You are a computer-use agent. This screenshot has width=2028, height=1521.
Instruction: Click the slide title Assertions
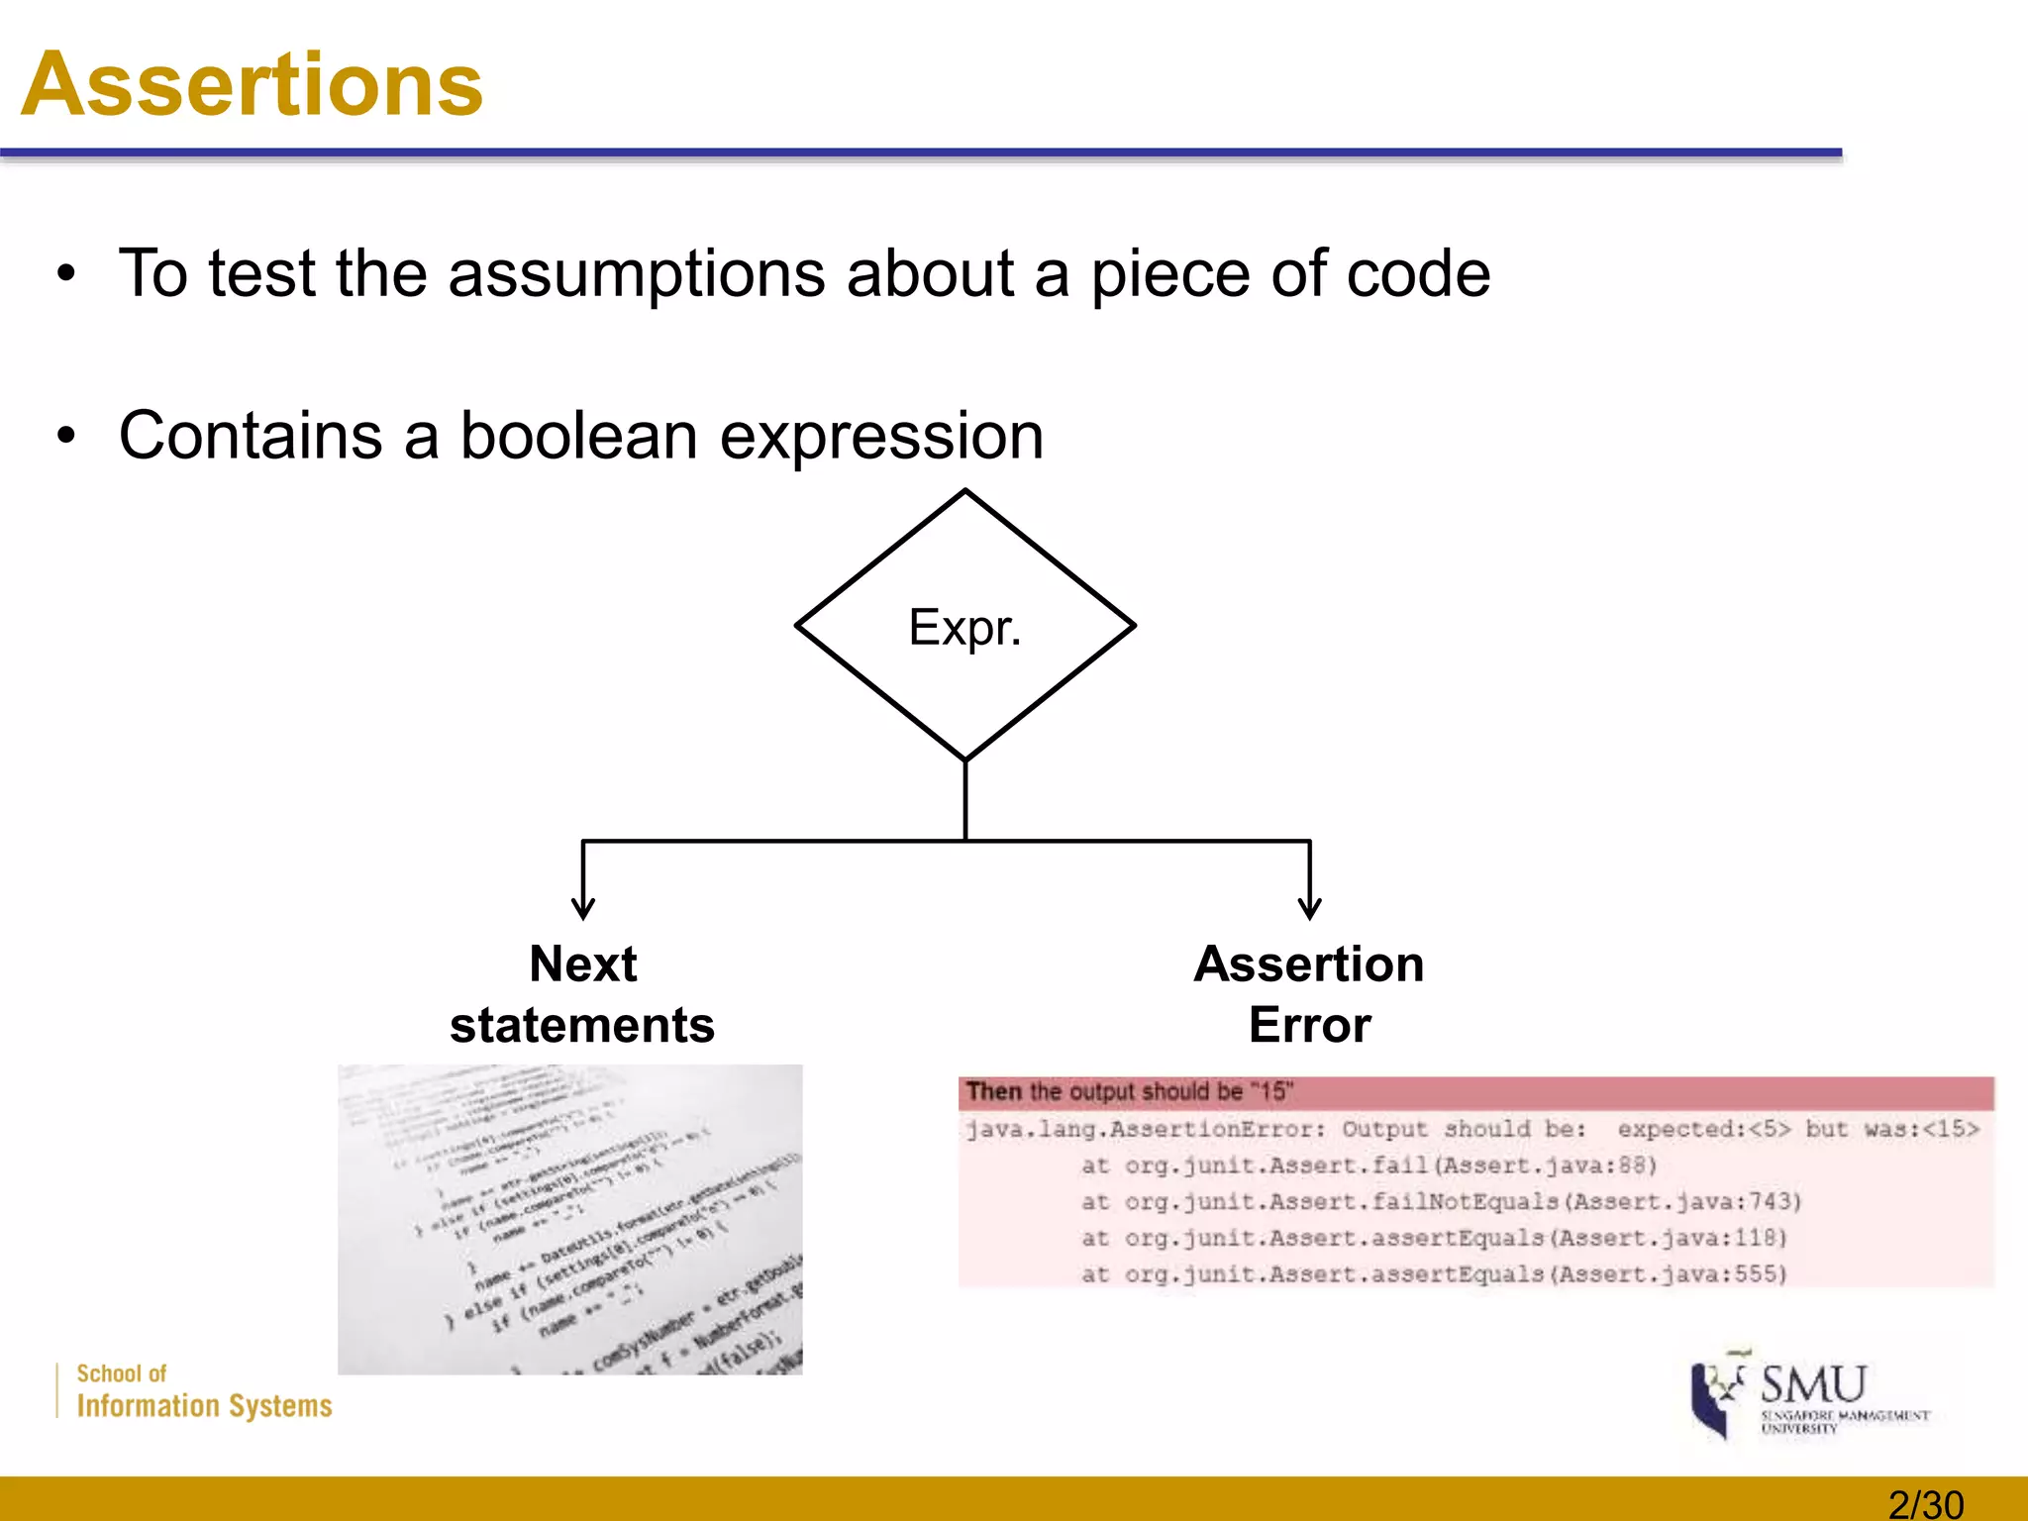[x=252, y=85]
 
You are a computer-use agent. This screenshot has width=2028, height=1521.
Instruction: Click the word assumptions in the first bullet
[x=637, y=274]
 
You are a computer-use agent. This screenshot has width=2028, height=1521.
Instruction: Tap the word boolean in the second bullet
[x=578, y=436]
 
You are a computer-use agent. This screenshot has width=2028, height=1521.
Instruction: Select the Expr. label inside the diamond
[x=963, y=628]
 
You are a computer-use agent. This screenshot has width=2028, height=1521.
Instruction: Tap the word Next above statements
[x=582, y=963]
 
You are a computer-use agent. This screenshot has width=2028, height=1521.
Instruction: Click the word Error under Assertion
[x=1309, y=1025]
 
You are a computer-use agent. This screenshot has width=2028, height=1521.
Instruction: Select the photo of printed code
[x=569, y=1219]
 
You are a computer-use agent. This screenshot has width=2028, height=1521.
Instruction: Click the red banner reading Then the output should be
[x=1475, y=1092]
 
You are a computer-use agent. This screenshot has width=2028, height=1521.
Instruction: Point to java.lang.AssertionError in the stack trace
[x=1145, y=1130]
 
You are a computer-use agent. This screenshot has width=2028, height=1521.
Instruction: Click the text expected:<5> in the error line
[x=1703, y=1130]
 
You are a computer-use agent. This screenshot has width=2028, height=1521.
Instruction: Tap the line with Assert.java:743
[x=1441, y=1202]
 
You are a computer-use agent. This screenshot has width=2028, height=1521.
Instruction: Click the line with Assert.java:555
[x=1434, y=1274]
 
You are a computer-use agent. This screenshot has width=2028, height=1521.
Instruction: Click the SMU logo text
[x=1813, y=1383]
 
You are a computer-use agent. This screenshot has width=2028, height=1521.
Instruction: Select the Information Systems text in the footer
[x=204, y=1406]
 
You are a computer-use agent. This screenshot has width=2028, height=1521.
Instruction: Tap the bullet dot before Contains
[x=65, y=436]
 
